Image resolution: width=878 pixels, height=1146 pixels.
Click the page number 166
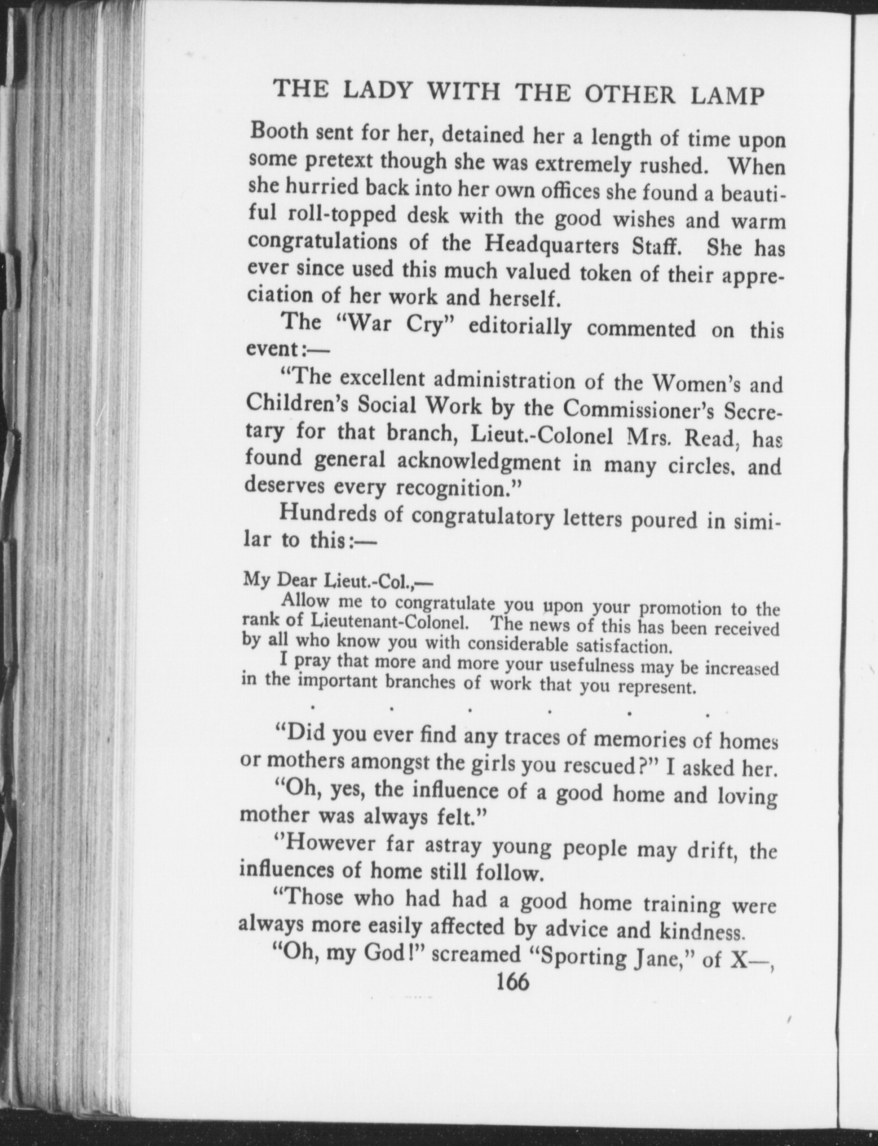pos(512,983)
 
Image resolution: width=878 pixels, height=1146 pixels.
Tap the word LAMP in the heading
pos(728,96)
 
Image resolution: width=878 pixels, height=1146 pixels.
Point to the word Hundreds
pos(327,513)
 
